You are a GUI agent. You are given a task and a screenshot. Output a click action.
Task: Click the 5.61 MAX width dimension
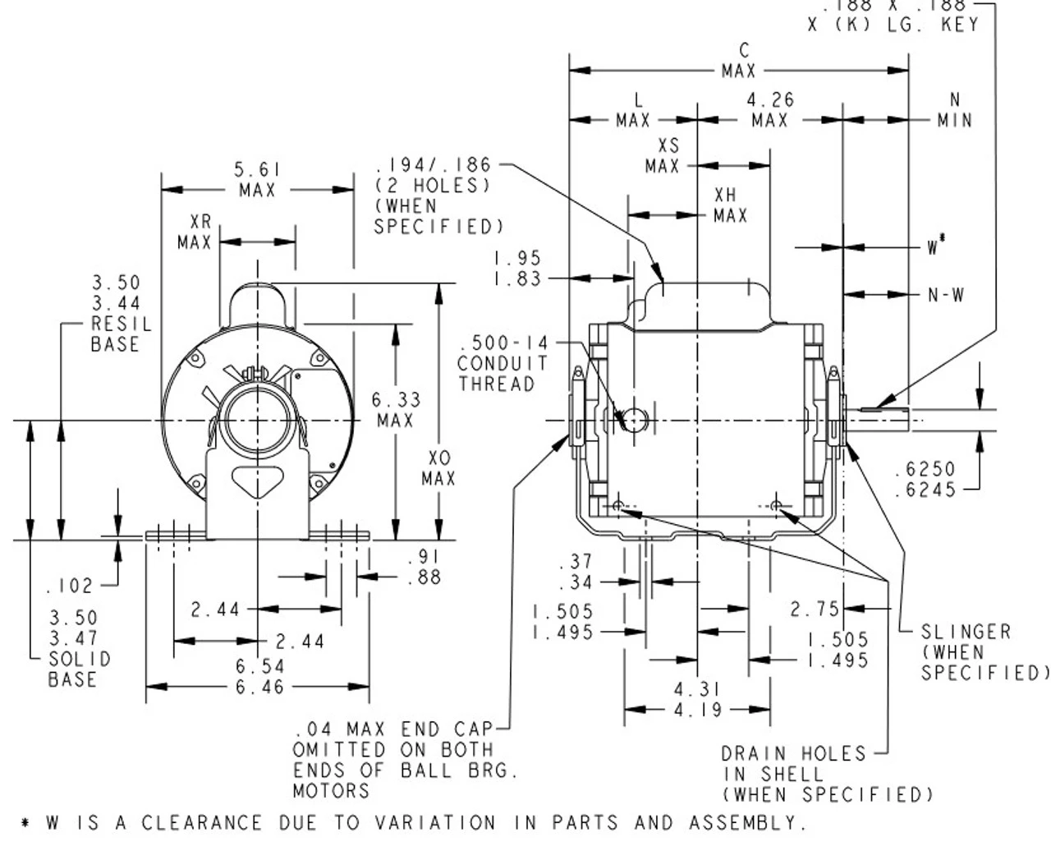[x=257, y=180]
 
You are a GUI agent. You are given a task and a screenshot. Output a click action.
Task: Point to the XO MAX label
[x=438, y=468]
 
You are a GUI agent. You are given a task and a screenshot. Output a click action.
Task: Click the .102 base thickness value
[x=70, y=586]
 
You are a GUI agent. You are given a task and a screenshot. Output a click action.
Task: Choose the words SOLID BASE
[x=79, y=669]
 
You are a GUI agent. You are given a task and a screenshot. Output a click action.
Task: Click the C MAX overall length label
[x=739, y=62]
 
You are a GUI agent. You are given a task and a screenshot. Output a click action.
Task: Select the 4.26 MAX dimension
[x=769, y=110]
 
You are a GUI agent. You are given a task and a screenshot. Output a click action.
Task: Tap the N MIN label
[x=954, y=110]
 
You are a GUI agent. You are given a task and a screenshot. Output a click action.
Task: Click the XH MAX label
[x=729, y=205]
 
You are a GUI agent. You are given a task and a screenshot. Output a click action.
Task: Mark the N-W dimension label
[x=946, y=295]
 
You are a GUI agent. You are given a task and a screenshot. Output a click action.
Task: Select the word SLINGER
[x=966, y=632]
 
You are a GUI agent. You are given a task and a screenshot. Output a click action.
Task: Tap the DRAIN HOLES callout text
[x=793, y=753]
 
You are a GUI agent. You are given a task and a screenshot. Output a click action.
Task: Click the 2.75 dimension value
[x=815, y=609]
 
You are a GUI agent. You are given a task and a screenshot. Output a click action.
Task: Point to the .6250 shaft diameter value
[x=925, y=469]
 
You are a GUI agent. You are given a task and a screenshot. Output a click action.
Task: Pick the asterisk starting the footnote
[x=25, y=823]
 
